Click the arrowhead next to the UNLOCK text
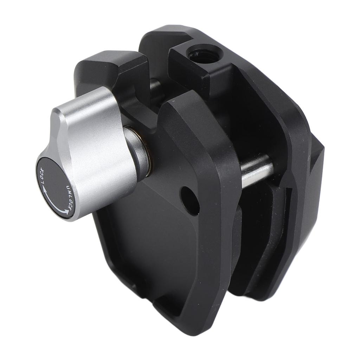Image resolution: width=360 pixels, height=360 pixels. tap(66, 211)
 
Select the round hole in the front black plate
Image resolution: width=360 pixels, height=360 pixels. tap(190, 200)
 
